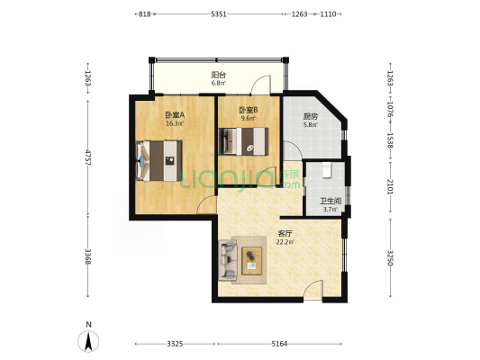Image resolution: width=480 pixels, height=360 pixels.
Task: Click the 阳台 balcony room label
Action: pos(219,75)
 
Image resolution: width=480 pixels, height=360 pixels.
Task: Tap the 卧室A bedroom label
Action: pos(175,115)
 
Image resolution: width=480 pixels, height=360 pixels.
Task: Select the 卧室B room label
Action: pos(249,110)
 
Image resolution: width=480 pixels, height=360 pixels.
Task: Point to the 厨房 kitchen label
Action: pos(311,116)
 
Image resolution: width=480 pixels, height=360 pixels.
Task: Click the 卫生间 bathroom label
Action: pos(331,201)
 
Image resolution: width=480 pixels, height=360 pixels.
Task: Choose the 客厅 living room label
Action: pos(285,234)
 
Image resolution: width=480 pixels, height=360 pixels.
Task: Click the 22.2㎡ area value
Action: pos(285,242)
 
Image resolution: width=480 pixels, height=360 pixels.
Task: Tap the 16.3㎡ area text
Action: pos(175,123)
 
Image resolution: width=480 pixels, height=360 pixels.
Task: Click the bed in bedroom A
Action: pos(158,160)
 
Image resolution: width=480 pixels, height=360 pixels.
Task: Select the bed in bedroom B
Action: pos(243,141)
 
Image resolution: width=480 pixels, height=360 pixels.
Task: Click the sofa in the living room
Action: pos(228,260)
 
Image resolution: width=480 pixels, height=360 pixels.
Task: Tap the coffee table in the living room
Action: pos(251,261)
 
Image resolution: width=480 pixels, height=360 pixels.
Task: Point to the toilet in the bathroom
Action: pos(327,170)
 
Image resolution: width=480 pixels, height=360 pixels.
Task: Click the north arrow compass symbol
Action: pos(88,341)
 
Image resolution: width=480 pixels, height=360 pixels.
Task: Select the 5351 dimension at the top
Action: pos(219,14)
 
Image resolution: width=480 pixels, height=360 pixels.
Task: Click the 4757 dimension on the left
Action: pos(88,157)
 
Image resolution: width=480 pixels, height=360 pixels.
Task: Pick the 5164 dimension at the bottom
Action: pos(279,344)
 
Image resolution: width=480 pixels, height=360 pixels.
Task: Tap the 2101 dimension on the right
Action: pos(390,186)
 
